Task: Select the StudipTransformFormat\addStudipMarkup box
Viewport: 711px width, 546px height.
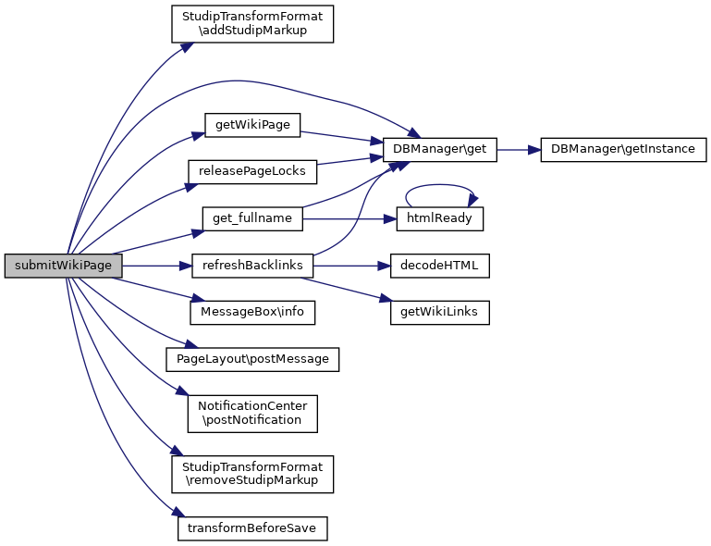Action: [251, 24]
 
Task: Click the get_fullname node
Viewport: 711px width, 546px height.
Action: [252, 218]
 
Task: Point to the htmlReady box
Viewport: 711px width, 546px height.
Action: [440, 218]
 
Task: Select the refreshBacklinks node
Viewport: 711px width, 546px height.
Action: [252, 266]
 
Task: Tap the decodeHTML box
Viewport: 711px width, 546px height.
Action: [440, 266]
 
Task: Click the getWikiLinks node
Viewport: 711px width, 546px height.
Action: [440, 313]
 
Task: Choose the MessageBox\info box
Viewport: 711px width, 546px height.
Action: [252, 313]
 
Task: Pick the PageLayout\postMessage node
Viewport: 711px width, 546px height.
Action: [251, 358]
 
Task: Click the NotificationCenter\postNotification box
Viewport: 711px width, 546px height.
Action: [251, 413]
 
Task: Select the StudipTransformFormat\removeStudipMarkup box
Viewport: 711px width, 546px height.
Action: [251, 473]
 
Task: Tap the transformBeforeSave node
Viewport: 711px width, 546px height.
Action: [252, 527]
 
